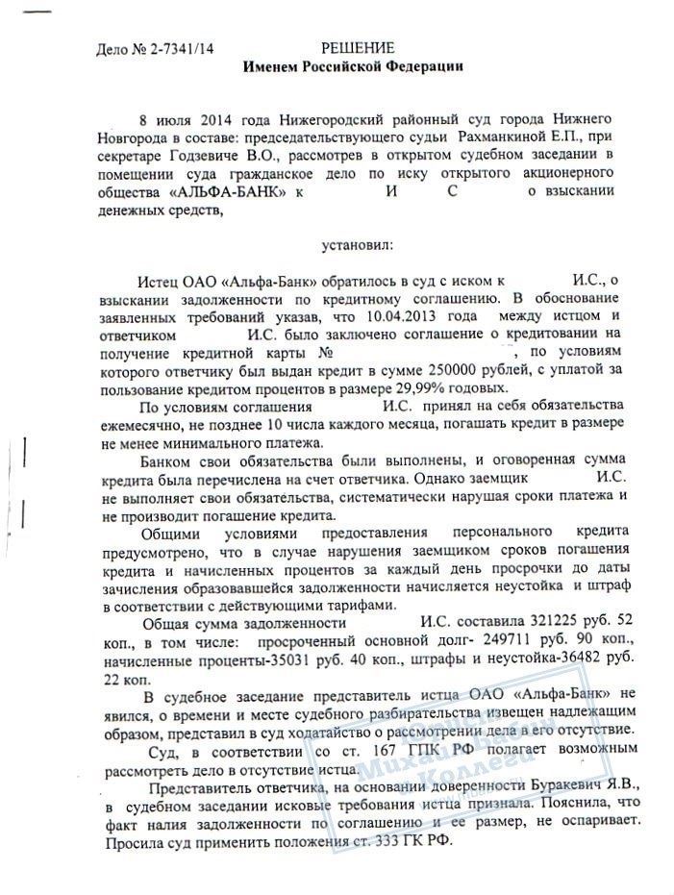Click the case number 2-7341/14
point(184,50)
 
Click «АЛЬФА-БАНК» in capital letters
point(228,192)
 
